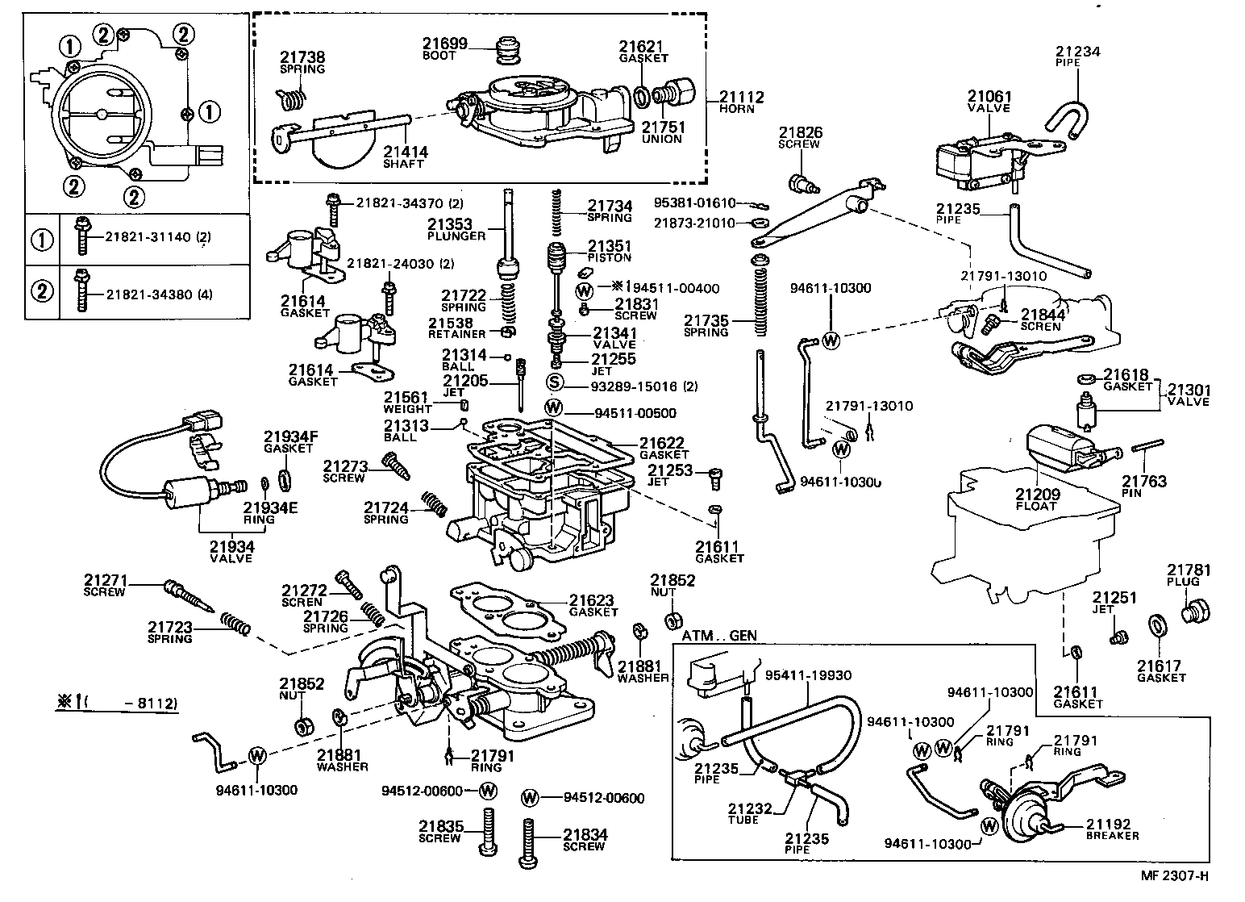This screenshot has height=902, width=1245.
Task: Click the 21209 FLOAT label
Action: pos(1037,499)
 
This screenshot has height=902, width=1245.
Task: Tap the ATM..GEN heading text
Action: pos(719,636)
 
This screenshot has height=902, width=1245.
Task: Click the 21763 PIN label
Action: pos(1144,486)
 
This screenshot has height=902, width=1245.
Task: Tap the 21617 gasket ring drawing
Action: pos(1157,626)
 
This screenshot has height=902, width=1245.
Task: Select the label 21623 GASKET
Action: pos(591,605)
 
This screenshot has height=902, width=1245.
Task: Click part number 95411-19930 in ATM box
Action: pos(808,675)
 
